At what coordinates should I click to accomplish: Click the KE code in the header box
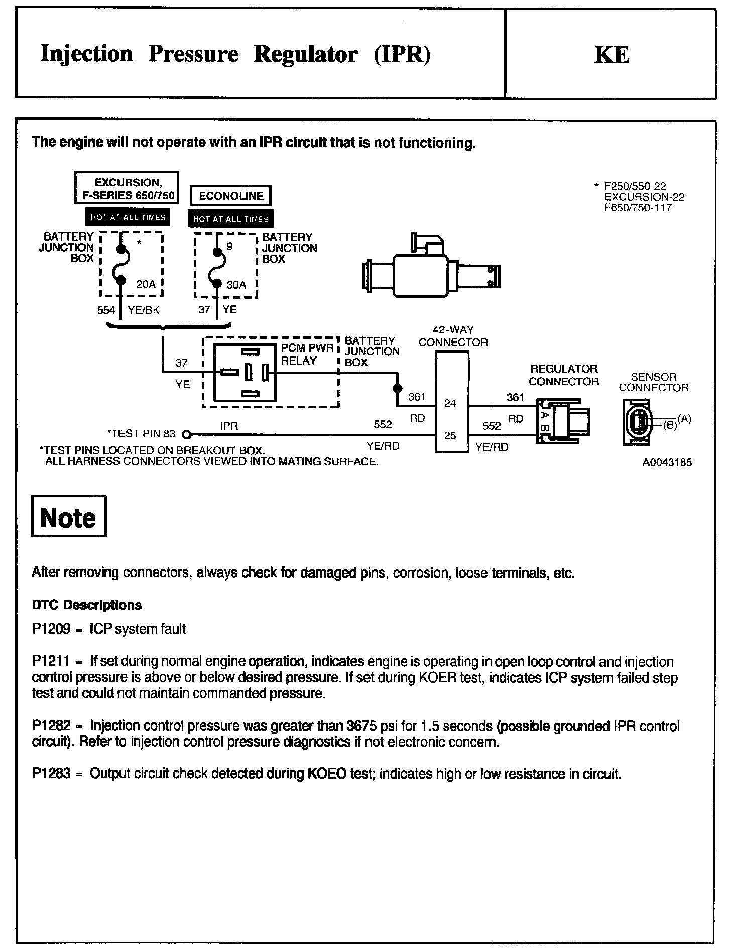coord(612,55)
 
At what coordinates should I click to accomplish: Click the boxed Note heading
coord(69,517)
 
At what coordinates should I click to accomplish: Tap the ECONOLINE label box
coord(230,196)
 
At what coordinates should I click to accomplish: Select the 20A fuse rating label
coord(146,284)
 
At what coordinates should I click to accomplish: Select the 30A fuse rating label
coord(236,285)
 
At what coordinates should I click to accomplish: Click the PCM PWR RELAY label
coord(306,354)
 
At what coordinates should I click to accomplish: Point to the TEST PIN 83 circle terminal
coord(186,434)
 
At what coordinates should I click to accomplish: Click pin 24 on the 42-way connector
coord(450,403)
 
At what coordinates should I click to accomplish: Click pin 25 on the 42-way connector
coord(450,435)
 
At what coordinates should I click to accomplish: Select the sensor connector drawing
coord(637,422)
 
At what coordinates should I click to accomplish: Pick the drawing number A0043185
coord(666,462)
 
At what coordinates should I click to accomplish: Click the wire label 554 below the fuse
coord(106,310)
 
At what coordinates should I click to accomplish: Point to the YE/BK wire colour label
coord(143,310)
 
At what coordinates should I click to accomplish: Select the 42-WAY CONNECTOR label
coord(453,336)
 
